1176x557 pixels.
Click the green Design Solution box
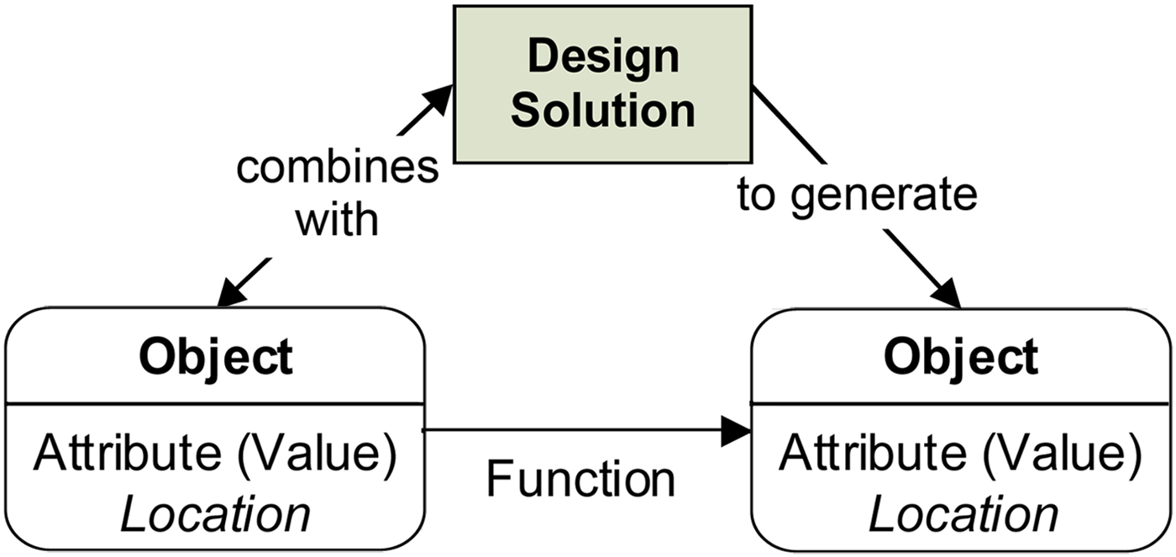(603, 84)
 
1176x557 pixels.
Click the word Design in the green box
(603, 57)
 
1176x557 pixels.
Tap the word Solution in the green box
(603, 111)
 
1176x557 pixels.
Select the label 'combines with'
(337, 193)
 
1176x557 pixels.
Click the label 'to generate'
(857, 195)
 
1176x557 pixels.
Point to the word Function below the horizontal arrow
(580, 479)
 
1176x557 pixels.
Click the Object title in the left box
(216, 357)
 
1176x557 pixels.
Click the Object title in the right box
(961, 357)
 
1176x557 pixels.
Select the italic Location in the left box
(216, 514)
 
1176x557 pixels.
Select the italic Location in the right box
(963, 514)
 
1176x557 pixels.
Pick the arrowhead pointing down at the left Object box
(228, 294)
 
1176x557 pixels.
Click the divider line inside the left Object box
(216, 403)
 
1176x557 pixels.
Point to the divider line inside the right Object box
(961, 403)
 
